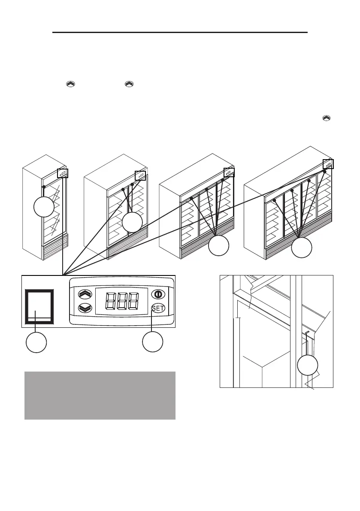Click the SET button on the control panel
[158, 308]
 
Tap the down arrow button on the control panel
[85, 308]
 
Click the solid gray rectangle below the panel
[100, 395]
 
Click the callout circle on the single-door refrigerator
[44, 208]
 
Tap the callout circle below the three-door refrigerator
[219, 246]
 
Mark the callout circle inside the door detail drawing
[307, 366]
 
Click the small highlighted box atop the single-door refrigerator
[63, 173]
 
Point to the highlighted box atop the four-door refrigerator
[328, 164]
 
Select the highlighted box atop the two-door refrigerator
[140, 176]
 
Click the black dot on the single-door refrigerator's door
[44, 187]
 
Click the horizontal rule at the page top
[180, 32]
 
